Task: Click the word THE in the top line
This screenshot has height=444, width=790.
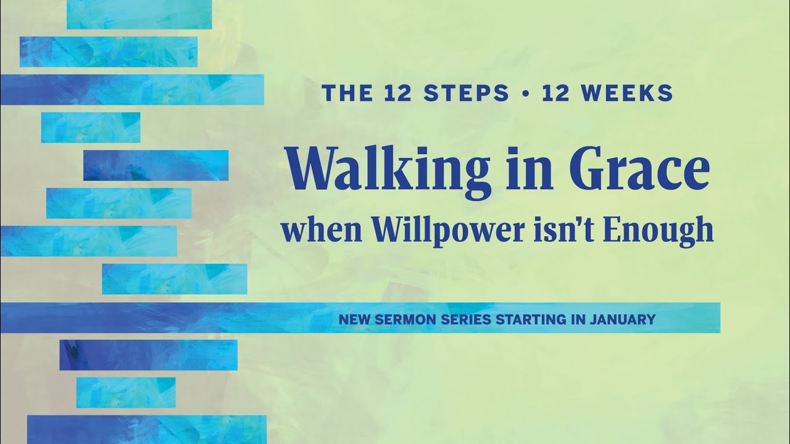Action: pyautogui.click(x=343, y=93)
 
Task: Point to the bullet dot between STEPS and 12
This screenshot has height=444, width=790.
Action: pyautogui.click(x=526, y=94)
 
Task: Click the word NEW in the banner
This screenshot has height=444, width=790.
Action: pyautogui.click(x=351, y=319)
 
